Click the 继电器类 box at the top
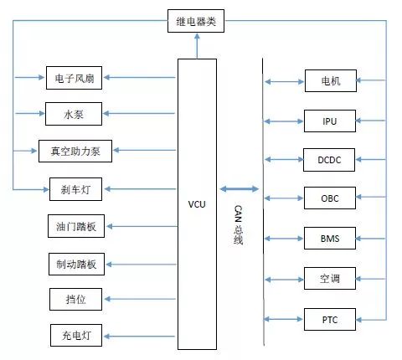(x=198, y=21)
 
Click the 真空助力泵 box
(x=75, y=151)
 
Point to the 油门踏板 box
(x=75, y=226)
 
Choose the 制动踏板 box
(x=75, y=265)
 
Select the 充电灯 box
(x=75, y=337)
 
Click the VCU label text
(x=197, y=203)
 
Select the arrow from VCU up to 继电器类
(x=198, y=46)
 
